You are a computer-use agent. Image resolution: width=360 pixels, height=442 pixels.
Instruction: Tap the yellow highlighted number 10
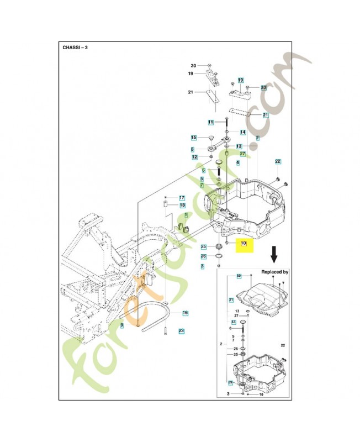point(243,243)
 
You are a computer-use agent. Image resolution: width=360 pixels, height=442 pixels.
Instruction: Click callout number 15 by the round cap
point(194,138)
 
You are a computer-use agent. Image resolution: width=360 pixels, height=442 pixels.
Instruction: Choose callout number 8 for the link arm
point(192,149)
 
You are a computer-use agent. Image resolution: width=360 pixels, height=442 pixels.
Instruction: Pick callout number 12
point(194,157)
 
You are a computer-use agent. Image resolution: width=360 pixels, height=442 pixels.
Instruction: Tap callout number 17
point(182,197)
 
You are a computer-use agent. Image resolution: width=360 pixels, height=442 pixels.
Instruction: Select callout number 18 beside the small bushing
point(182,205)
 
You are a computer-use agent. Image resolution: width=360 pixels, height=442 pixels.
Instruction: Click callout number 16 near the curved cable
point(186,313)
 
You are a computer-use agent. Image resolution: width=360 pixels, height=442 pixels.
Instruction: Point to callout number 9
point(122,326)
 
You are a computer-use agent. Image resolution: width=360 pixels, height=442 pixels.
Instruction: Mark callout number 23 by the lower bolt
point(181,330)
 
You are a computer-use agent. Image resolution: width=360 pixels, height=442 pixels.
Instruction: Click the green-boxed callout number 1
point(186,215)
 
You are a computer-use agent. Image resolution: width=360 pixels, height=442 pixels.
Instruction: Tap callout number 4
point(237,162)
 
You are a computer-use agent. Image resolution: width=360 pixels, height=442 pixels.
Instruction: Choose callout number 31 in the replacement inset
point(231,299)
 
